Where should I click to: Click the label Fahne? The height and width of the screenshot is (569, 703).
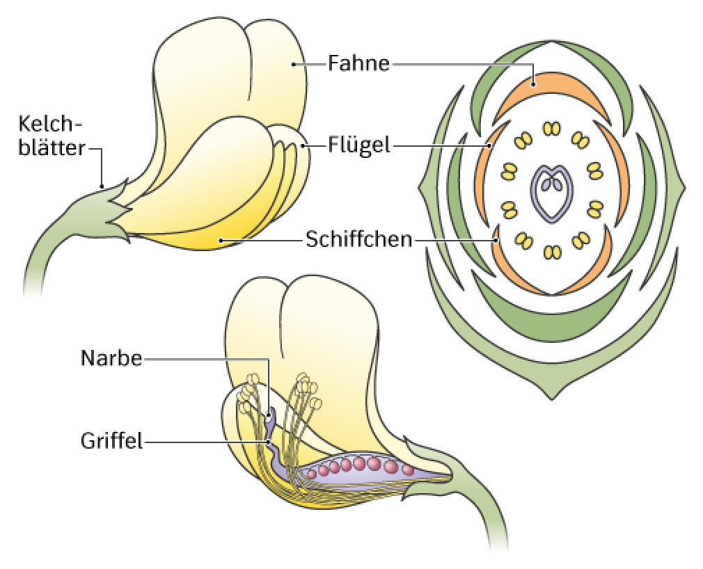358,63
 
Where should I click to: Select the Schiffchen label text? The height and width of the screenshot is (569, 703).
358,239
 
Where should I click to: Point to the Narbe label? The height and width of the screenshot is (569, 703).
111,358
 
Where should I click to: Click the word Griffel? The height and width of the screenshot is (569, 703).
111,441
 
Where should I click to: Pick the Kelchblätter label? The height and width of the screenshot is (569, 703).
52,136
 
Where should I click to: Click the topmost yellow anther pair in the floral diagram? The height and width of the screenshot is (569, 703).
552,129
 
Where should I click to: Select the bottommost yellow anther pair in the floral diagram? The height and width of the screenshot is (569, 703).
552,253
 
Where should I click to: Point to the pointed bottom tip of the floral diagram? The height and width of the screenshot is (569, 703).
552,399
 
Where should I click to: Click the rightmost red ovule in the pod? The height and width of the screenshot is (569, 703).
408,470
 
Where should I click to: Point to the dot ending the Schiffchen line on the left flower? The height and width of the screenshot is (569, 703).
220,241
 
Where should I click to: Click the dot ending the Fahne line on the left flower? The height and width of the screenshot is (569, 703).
293,65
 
